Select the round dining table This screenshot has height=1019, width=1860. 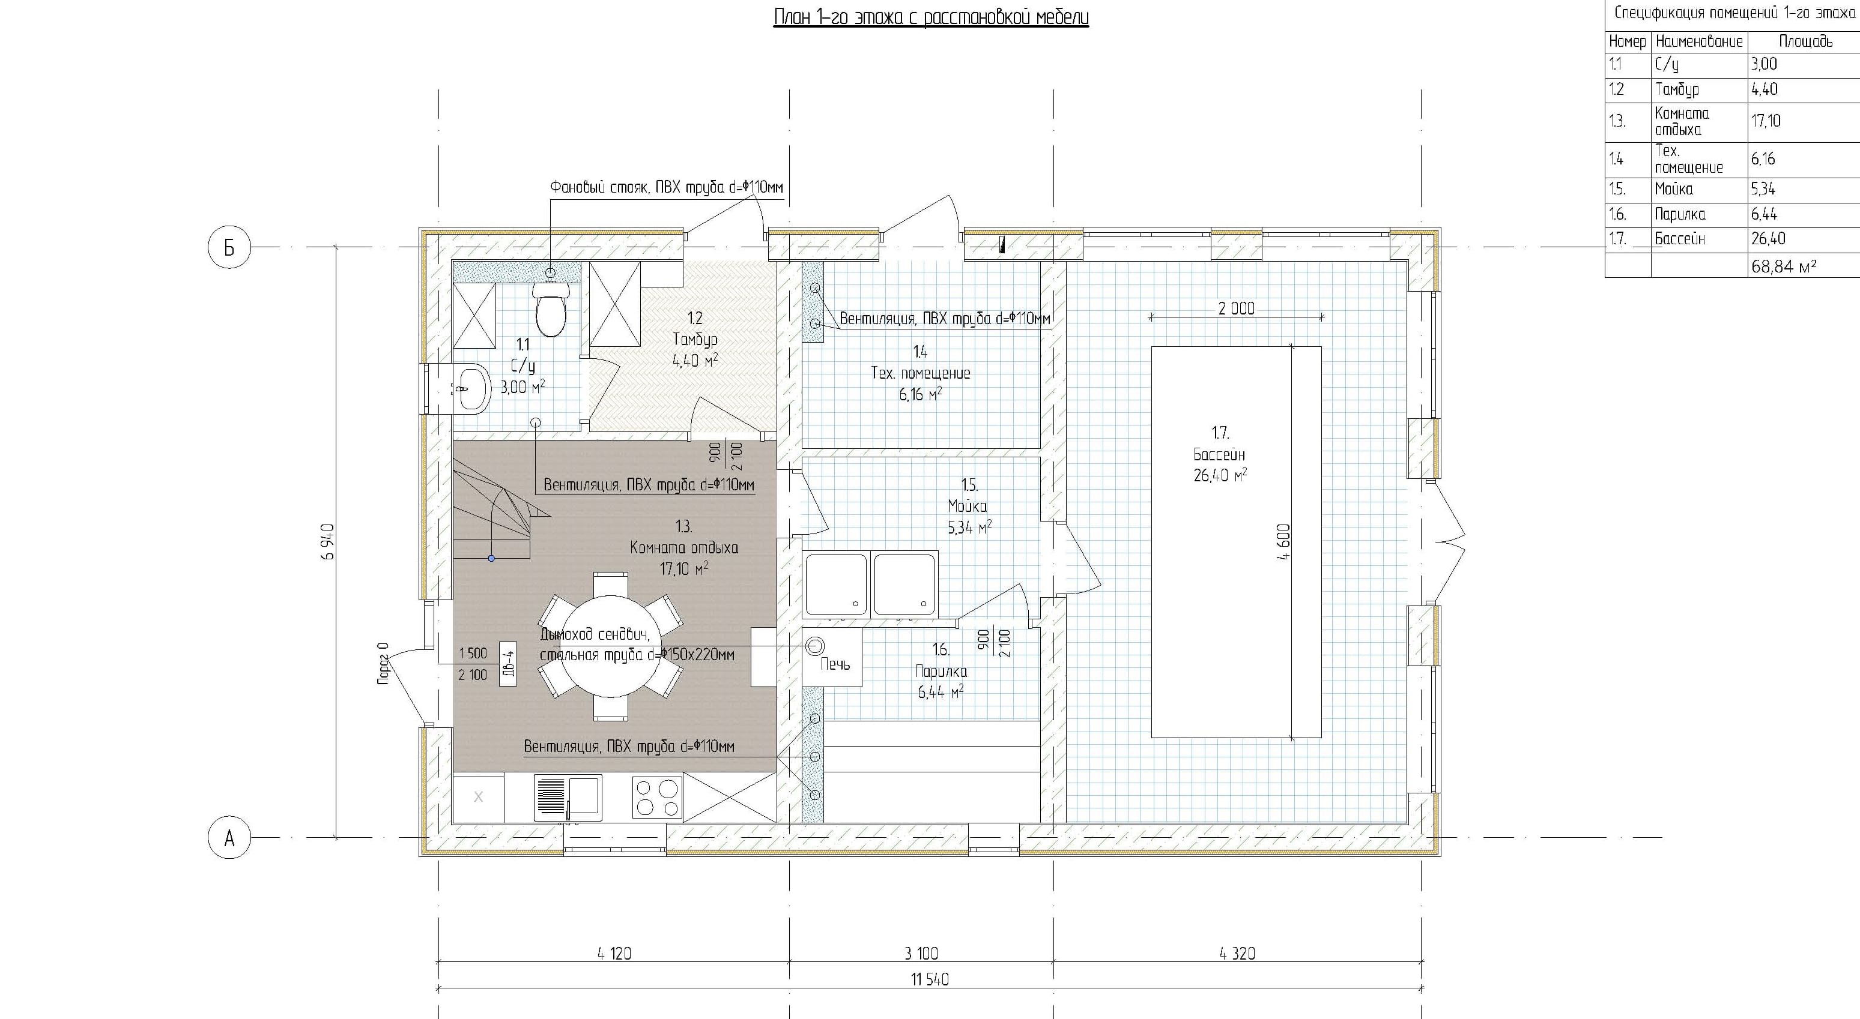tap(611, 646)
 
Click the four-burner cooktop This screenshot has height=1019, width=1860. tap(657, 798)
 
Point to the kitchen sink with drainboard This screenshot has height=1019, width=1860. tap(568, 798)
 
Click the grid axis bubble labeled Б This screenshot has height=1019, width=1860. tap(229, 247)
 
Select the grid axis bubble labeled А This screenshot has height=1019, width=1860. tap(229, 838)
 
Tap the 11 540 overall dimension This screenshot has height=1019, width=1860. tap(929, 979)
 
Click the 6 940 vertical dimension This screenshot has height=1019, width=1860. tap(329, 542)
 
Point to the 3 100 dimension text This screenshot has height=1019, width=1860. tap(921, 954)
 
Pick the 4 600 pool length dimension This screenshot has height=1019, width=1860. tap(1283, 542)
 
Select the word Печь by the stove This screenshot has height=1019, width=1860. tap(835, 664)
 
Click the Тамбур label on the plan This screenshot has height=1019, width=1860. tap(695, 339)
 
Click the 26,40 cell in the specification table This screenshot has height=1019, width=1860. tap(1768, 239)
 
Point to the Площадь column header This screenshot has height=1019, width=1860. tap(1805, 42)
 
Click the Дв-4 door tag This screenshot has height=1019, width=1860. tap(507, 663)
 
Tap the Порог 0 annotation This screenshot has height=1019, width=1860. tap(383, 663)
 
